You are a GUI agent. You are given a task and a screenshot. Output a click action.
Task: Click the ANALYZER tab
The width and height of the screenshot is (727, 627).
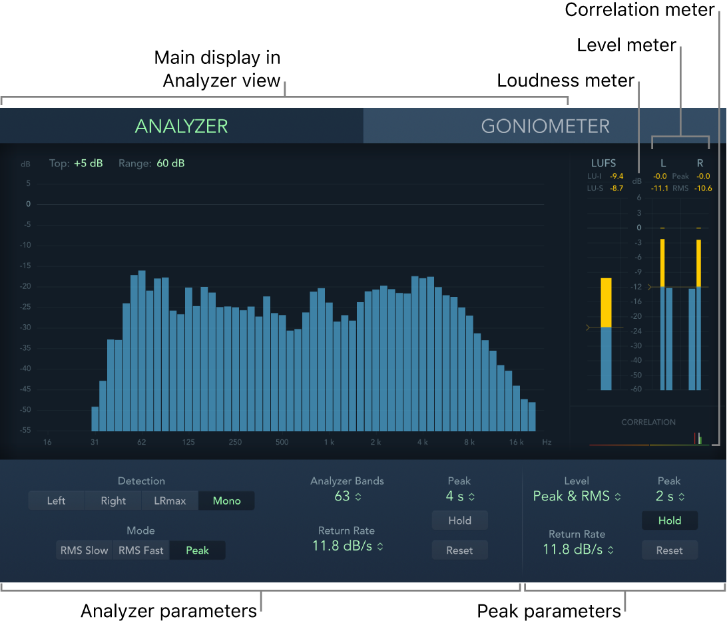pos(181,126)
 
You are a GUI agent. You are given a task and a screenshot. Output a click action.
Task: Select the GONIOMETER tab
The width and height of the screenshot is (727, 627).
pos(545,126)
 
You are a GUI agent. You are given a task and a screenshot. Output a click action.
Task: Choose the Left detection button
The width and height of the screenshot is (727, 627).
pos(56,501)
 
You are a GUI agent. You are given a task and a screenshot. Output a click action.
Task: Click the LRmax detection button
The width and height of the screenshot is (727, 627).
pos(170,501)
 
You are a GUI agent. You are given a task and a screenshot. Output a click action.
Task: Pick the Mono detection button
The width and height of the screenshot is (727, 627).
pos(226,501)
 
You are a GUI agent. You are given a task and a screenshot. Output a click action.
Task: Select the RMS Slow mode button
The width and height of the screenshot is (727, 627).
pos(84,550)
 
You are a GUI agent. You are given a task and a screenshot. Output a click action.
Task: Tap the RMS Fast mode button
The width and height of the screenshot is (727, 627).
pos(140,550)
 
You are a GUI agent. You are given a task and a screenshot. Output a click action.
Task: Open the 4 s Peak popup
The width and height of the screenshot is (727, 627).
pos(459,497)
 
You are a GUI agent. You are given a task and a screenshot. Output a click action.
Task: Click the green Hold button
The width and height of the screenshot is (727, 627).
pos(669,521)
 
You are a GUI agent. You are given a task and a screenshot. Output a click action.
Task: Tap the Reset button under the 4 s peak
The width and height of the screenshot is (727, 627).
pos(459,550)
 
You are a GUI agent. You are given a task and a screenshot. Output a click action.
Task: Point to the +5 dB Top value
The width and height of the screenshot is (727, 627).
pos(89,163)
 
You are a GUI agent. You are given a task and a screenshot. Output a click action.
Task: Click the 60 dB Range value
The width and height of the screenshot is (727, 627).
pos(170,163)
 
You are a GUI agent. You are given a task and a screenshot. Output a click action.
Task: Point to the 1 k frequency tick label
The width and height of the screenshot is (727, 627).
pos(328,442)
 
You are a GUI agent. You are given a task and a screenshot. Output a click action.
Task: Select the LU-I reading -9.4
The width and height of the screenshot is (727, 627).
pos(616,176)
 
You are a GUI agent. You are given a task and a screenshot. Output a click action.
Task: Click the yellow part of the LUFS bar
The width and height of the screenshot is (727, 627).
pos(606,302)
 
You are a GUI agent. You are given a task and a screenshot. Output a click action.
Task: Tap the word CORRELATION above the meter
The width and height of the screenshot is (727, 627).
pos(648,422)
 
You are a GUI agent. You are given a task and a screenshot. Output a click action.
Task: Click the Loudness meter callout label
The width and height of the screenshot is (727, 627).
pos(565,81)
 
